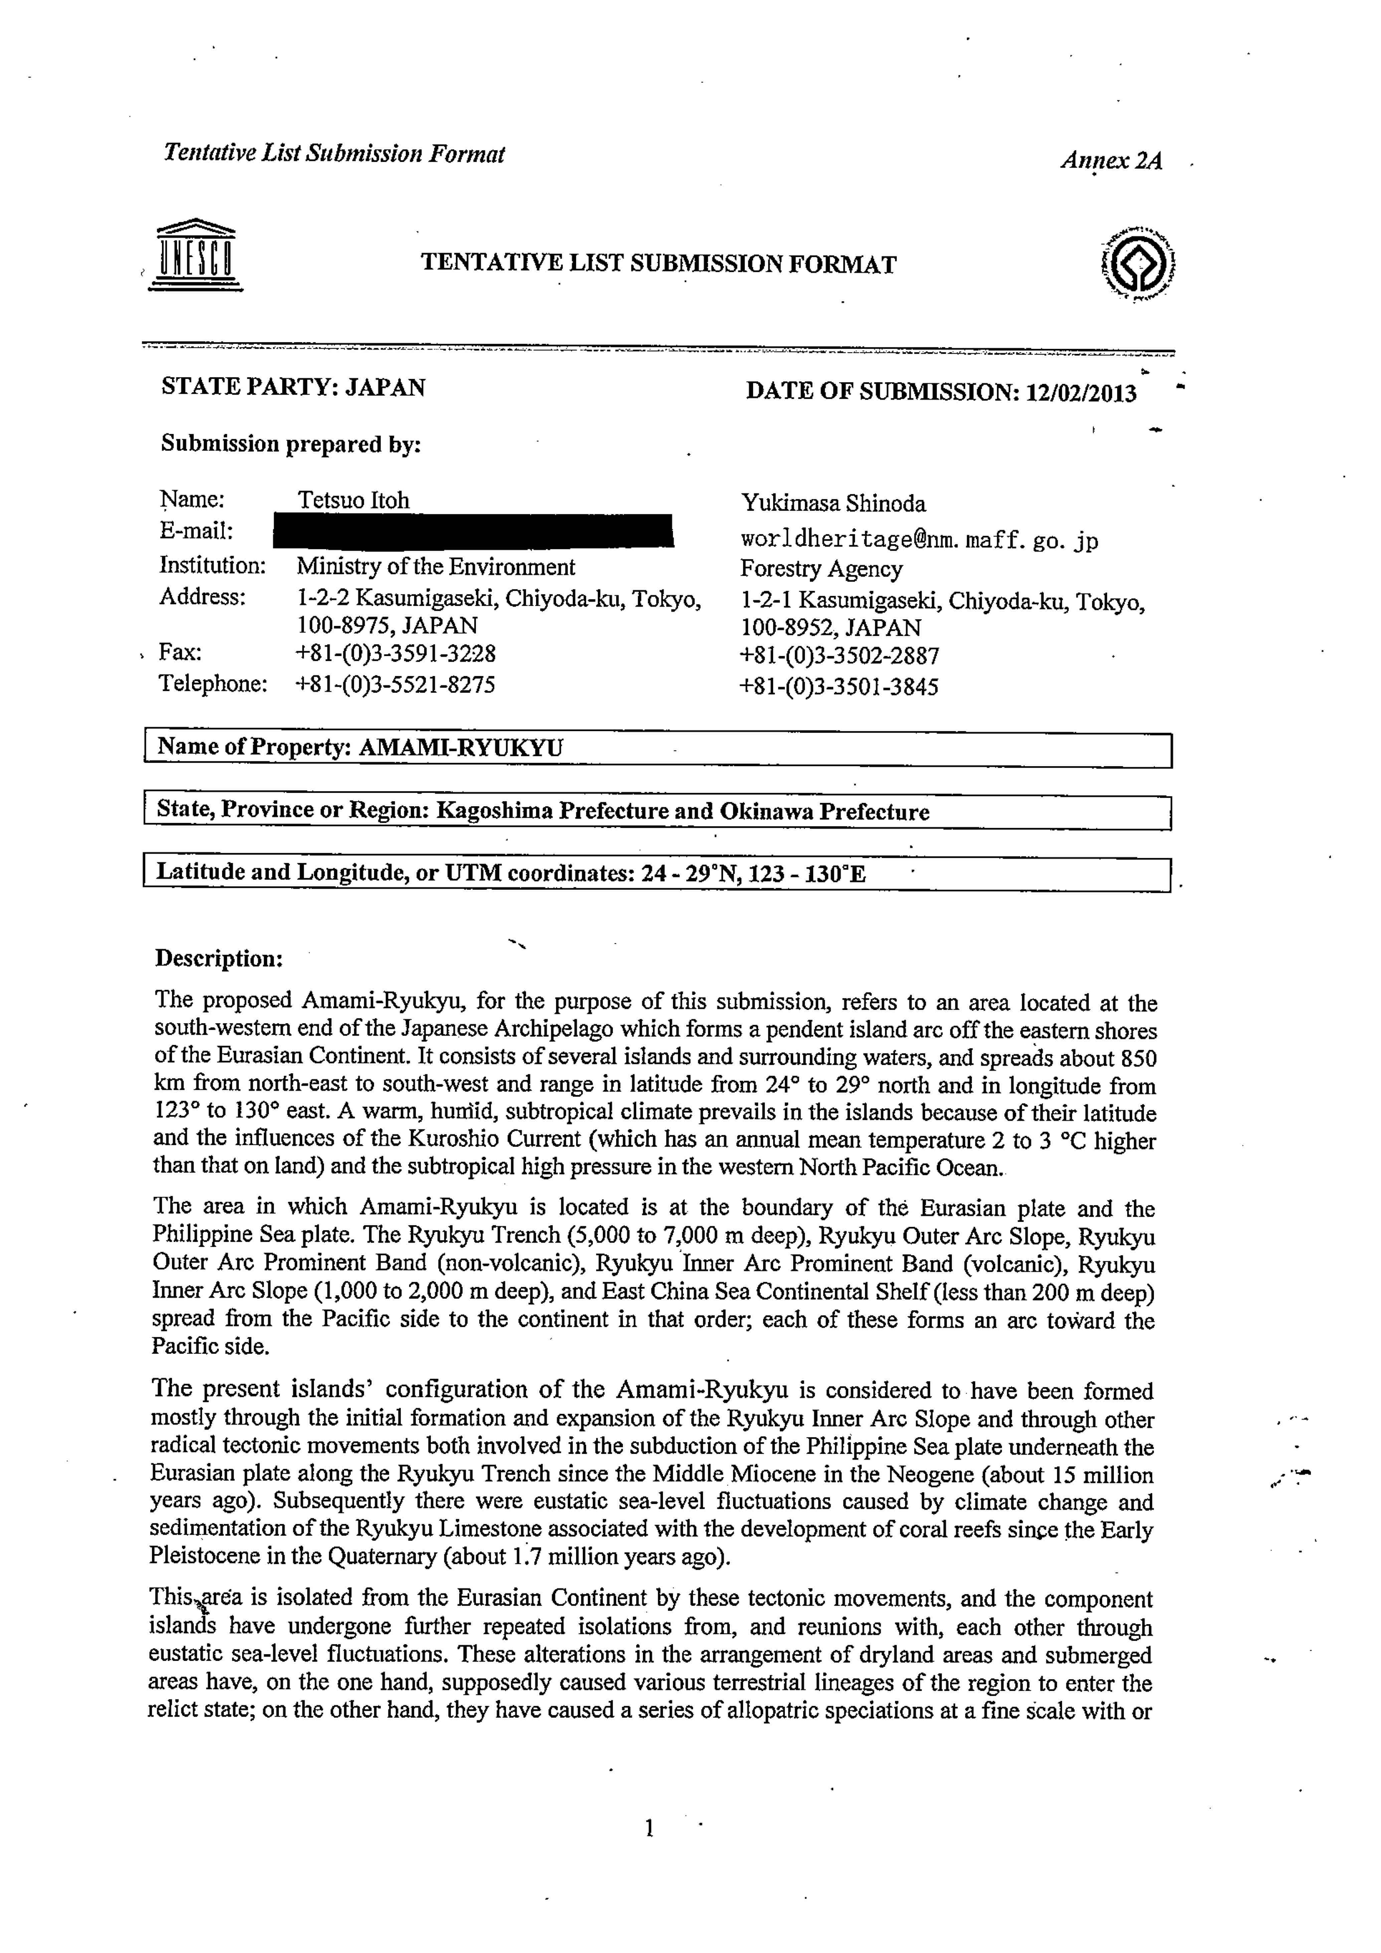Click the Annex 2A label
[1110, 161]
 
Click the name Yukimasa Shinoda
[833, 503]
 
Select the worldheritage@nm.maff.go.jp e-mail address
[919, 540]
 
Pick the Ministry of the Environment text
[436, 567]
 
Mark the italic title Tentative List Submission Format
[334, 154]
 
